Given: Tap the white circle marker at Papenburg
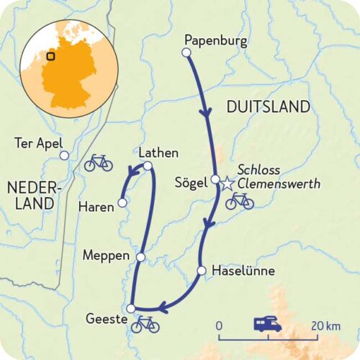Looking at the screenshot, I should pyautogui.click(x=186, y=53).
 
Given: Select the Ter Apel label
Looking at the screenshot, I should pyautogui.click(x=38, y=142).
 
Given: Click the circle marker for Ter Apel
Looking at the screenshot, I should pyautogui.click(x=64, y=155).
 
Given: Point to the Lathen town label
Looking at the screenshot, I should pyautogui.click(x=158, y=153).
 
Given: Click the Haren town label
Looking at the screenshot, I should pyautogui.click(x=97, y=207).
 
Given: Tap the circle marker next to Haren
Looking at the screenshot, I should pyautogui.click(x=122, y=203).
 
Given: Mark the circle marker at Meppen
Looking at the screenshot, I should pyautogui.click(x=141, y=256).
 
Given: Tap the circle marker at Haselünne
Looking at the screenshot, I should pyautogui.click(x=202, y=271).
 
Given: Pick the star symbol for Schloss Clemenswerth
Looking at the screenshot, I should pyautogui.click(x=228, y=184).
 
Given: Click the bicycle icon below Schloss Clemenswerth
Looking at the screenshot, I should pyautogui.click(x=239, y=201).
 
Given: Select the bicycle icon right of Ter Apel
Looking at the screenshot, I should pyautogui.click(x=98, y=163).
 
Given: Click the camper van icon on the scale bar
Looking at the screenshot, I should pyautogui.click(x=268, y=325).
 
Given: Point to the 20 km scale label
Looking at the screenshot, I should pyautogui.click(x=322, y=326).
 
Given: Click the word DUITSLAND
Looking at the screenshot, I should pyautogui.click(x=268, y=107).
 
